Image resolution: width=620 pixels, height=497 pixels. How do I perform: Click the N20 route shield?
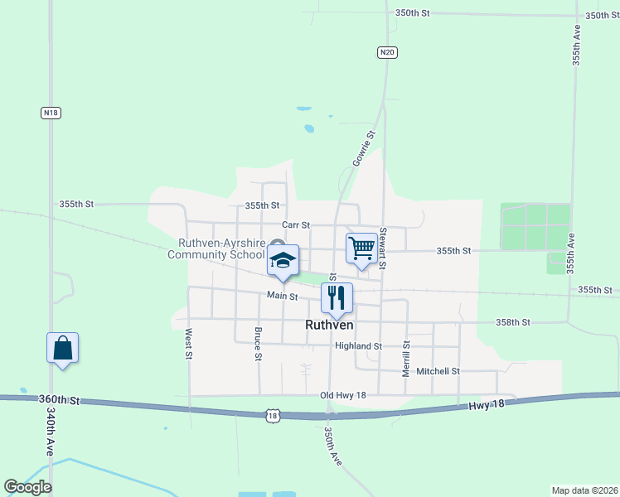[387, 52]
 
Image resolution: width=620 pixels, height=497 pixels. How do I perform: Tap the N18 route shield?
[51, 112]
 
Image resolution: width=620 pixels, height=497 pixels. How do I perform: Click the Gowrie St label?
[364, 147]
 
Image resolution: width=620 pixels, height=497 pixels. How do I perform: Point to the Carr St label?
[295, 224]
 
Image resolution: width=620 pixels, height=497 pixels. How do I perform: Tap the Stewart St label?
[383, 248]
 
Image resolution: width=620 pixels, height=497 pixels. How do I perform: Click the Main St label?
[282, 296]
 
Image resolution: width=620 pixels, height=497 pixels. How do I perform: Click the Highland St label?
[358, 346]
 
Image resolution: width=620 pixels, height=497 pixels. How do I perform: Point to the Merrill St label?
[406, 358]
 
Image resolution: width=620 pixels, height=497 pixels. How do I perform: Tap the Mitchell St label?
[438, 371]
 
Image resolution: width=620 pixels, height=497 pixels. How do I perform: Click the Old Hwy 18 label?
[343, 396]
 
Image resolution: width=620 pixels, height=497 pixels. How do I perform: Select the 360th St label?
[59, 400]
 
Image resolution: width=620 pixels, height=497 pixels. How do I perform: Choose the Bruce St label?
[258, 345]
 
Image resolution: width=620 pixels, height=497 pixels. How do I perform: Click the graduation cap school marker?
[283, 260]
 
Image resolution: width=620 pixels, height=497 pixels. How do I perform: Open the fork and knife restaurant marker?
[337, 297]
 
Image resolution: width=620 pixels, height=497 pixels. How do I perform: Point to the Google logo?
[27, 487]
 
